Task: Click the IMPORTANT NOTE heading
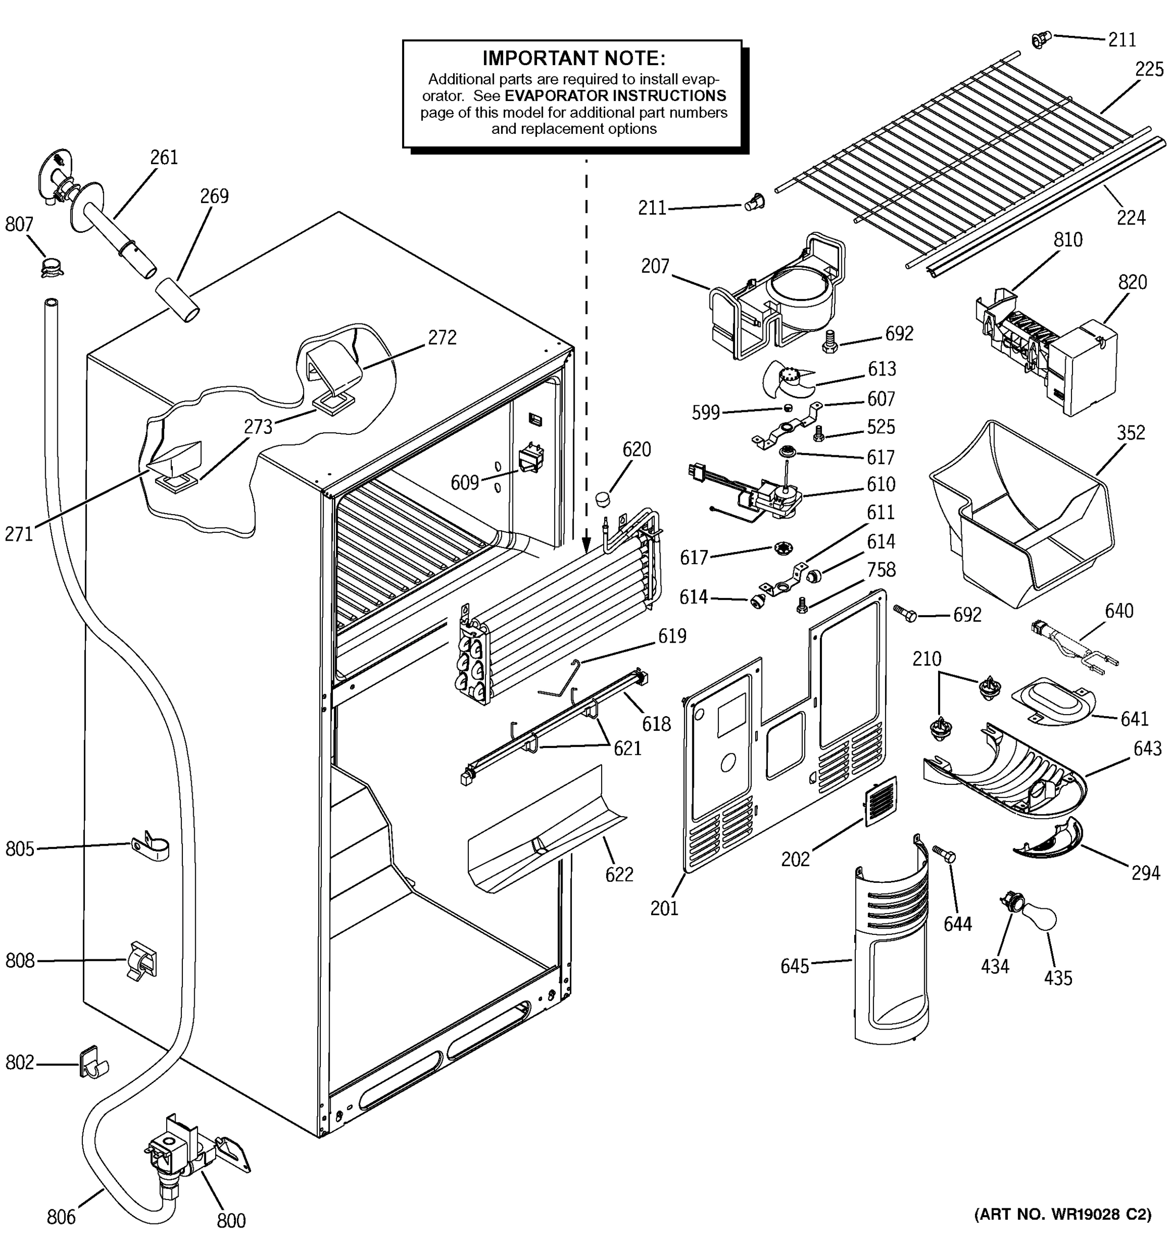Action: coord(573,58)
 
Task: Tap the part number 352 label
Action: coord(1130,433)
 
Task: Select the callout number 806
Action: coord(61,1217)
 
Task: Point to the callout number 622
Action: coord(619,874)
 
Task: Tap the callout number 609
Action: coord(465,482)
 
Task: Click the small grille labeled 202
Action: coord(880,801)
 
